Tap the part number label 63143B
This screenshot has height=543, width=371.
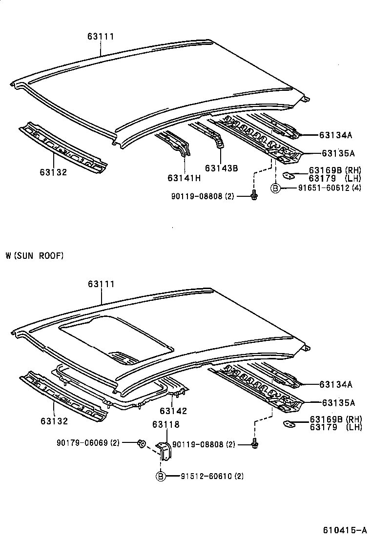pos(221,168)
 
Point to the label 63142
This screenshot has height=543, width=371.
pos(173,411)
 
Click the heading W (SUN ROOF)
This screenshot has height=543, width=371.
pos(35,255)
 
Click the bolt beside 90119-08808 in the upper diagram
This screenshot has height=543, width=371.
pos(254,196)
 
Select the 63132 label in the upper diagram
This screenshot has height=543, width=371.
pos(54,172)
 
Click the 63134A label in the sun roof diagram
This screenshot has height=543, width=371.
pos(336,384)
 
